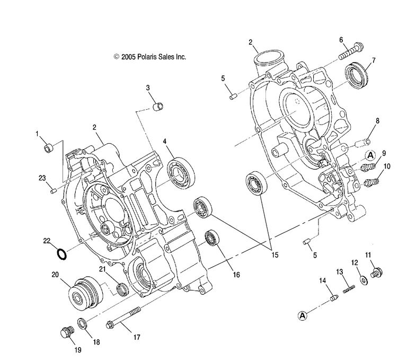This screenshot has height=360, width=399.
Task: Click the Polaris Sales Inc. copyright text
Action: click(x=149, y=56)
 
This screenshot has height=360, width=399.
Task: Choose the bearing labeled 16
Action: click(x=214, y=237)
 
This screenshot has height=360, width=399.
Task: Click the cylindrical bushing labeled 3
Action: click(x=157, y=104)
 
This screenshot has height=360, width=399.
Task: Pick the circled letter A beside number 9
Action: click(x=369, y=155)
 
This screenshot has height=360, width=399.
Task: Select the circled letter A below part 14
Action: click(x=303, y=316)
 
